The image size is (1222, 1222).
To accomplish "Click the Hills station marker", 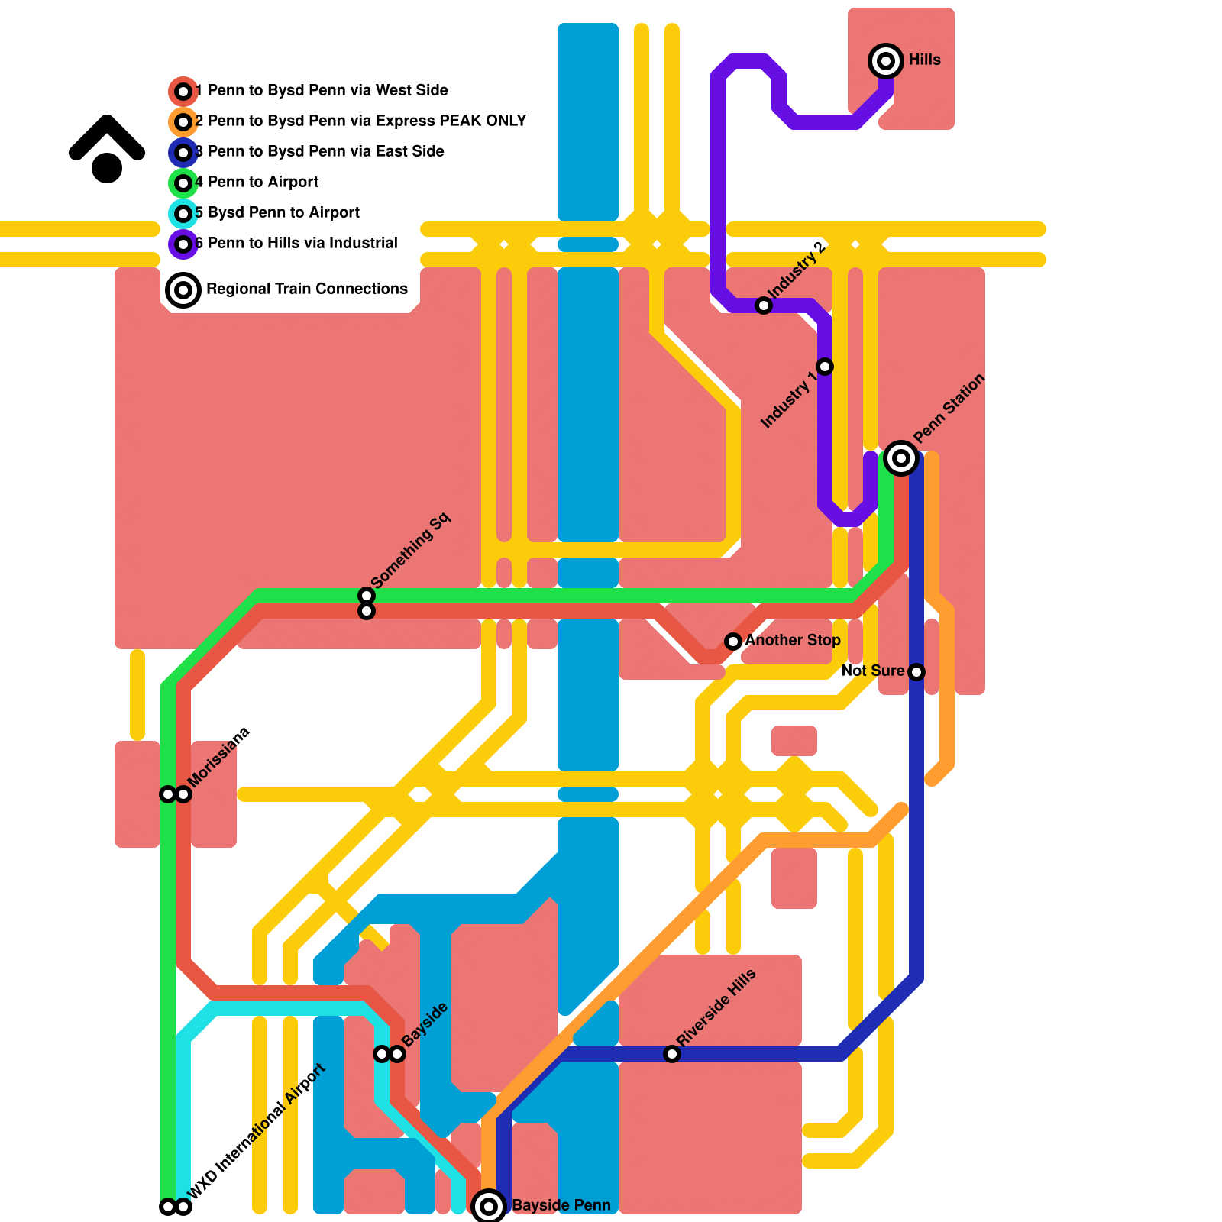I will click(x=886, y=60).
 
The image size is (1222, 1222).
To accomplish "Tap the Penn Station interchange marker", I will click(x=901, y=458).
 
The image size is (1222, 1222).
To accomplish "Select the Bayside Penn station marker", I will click(x=489, y=1207).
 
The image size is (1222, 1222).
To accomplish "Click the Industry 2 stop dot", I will click(x=764, y=305).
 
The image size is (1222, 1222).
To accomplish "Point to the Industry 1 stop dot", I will click(x=825, y=367).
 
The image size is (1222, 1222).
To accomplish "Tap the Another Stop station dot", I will click(x=733, y=642).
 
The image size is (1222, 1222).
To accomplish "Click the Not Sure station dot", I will click(x=916, y=672).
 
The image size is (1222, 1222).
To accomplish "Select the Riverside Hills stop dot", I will click(x=672, y=1054).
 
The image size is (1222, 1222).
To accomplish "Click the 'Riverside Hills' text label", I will click(x=716, y=1007).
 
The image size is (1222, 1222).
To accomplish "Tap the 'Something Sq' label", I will click(x=411, y=551).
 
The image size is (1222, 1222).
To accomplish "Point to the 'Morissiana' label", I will click(x=219, y=757).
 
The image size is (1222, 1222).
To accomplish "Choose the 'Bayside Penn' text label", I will click(x=561, y=1206).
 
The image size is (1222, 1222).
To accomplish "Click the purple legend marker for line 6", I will click(x=183, y=244).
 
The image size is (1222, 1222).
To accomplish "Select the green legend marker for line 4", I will click(x=183, y=183).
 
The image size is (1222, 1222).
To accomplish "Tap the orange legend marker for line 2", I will click(x=183, y=122).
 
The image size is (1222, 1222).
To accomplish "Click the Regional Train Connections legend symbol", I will click(x=183, y=290).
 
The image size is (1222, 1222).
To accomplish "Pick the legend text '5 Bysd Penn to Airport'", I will click(x=278, y=212).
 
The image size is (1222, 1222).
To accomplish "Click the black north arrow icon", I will click(x=107, y=149).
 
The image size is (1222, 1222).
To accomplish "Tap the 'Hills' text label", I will click(x=925, y=60).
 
